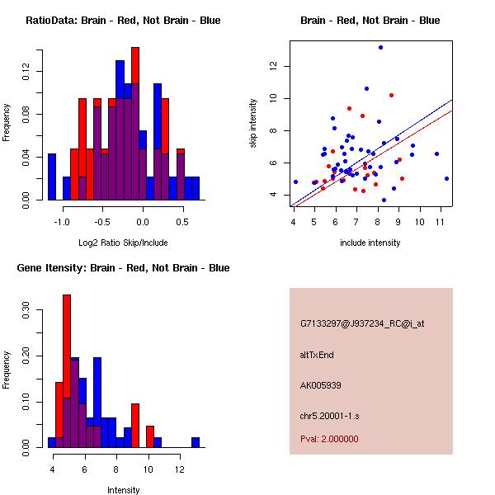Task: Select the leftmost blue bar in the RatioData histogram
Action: point(52,177)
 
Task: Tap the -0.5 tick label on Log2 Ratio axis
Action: point(102,222)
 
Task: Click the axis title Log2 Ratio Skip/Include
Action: point(123,243)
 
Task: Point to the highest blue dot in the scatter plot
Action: point(380,47)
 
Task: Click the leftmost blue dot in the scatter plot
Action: point(295,181)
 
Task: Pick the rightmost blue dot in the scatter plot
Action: point(446,179)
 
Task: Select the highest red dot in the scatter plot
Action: point(391,96)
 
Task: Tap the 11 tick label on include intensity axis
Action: point(441,222)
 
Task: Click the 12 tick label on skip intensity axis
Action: point(273,66)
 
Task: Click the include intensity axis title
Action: point(370,243)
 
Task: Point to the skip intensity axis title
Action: point(253,123)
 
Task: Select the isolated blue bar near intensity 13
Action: point(196,442)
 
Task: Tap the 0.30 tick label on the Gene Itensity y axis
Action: point(26,310)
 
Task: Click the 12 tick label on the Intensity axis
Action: point(180,469)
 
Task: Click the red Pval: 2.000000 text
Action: point(329,439)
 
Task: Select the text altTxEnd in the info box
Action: point(317,355)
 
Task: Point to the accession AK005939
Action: point(320,385)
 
